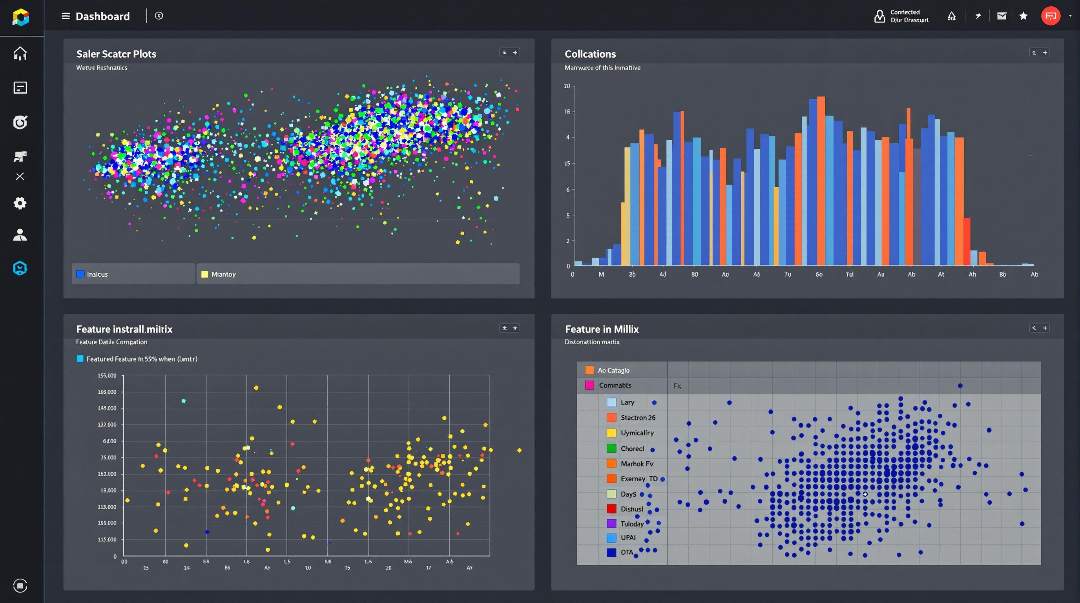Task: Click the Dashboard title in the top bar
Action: coord(102,16)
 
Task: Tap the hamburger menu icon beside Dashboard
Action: coord(66,16)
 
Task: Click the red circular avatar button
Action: coord(1050,16)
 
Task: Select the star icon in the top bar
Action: coord(1023,16)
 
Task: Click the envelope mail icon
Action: coord(1002,16)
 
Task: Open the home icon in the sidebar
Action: coord(20,53)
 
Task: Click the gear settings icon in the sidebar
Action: coord(20,203)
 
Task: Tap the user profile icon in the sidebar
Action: coord(20,235)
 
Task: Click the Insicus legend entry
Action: coord(97,274)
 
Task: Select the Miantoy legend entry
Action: coord(223,274)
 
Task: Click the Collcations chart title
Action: coord(590,54)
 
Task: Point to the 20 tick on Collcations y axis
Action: coord(567,86)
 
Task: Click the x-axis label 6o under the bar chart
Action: coord(819,274)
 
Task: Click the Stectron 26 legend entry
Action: coord(637,418)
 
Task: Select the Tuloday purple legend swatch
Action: coord(612,523)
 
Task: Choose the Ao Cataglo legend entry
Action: coord(613,370)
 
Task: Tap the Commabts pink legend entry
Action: coord(614,385)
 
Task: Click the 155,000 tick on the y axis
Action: coord(107,375)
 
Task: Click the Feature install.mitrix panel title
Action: coord(124,329)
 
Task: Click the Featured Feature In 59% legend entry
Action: coord(141,359)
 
